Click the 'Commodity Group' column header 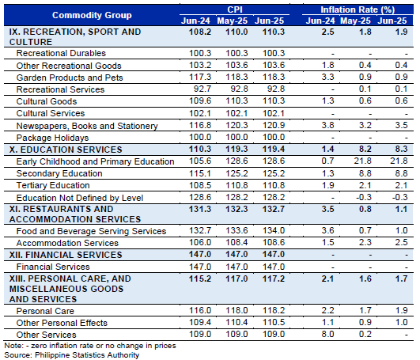(92, 15)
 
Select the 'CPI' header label (235, 9)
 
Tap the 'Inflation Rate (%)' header (358, 9)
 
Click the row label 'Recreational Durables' (61, 53)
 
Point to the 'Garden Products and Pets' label (70, 78)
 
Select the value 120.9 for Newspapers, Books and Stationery (274, 125)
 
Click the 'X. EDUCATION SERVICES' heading (66, 150)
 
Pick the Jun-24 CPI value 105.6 (200, 161)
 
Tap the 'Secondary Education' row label (59, 173)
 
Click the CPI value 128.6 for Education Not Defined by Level (200, 197)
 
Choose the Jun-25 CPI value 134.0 (274, 230)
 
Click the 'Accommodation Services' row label (67, 243)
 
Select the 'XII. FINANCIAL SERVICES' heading (66, 255)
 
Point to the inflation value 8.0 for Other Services (328, 334)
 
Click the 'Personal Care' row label (45, 311)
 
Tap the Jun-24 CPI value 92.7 (202, 89)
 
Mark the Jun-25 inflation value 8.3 (401, 149)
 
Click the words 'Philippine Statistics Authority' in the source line (87, 355)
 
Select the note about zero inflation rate (90, 346)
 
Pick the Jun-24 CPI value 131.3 (200, 209)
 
